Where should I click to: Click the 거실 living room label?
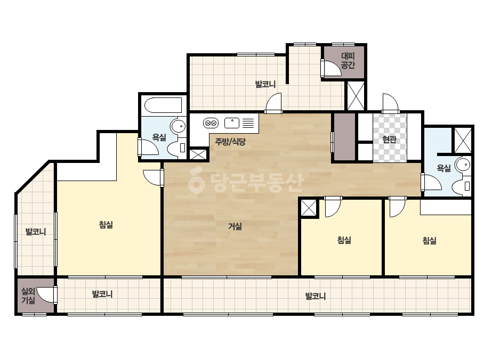(235, 226)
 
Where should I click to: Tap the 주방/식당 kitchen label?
(230, 142)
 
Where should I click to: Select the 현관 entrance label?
(390, 139)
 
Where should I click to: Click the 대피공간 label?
(348, 61)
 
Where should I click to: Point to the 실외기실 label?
(28, 296)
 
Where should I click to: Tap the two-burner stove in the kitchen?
(211, 123)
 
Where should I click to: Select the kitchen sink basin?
(232, 123)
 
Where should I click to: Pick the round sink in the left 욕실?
(178, 127)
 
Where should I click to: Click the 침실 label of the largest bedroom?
(106, 225)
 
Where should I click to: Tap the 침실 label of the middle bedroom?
(344, 240)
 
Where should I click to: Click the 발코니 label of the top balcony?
(265, 84)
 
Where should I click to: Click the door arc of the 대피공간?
(332, 68)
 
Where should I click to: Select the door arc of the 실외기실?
(47, 295)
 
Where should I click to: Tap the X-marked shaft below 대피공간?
(356, 96)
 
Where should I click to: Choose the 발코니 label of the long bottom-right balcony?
(316, 296)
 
